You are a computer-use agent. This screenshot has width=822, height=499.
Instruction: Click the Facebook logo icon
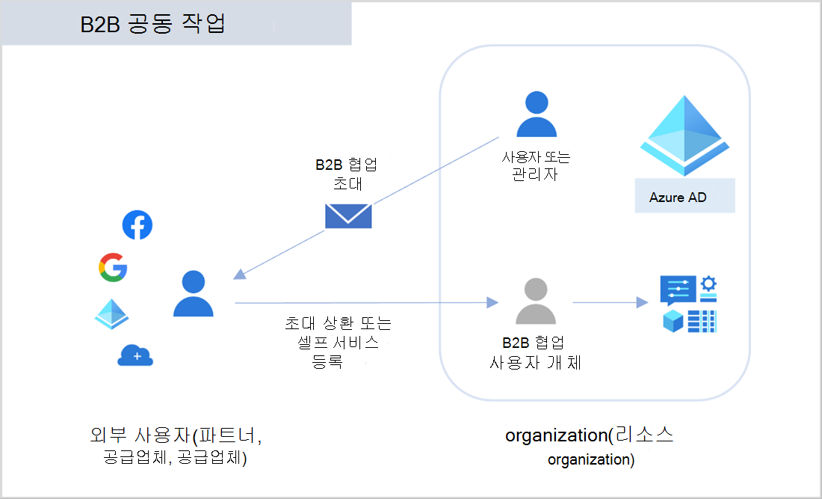[137, 225]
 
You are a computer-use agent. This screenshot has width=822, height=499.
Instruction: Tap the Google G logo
[113, 268]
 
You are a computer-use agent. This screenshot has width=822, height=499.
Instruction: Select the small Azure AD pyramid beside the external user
[112, 313]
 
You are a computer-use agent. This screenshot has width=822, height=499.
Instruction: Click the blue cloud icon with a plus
[135, 356]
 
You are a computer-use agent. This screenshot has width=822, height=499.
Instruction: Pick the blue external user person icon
[194, 294]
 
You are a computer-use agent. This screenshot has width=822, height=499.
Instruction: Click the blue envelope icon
[348, 215]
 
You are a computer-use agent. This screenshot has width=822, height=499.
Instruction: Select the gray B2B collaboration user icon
[535, 301]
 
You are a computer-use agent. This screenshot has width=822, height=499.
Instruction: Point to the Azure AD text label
[678, 198]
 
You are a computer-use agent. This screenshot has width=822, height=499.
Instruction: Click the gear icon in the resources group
[708, 284]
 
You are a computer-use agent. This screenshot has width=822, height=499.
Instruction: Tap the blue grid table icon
[702, 321]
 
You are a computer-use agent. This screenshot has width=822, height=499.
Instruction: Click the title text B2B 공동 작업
[153, 24]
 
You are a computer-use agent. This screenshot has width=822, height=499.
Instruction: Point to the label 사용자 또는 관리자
[536, 166]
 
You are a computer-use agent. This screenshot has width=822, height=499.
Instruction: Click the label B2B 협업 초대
[345, 174]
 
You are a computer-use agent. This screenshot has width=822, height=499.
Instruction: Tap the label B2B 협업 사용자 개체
[535, 353]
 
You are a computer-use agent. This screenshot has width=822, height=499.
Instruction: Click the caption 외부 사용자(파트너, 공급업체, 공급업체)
[176, 446]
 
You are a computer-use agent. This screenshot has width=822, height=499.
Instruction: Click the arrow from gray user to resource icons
[609, 302]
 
